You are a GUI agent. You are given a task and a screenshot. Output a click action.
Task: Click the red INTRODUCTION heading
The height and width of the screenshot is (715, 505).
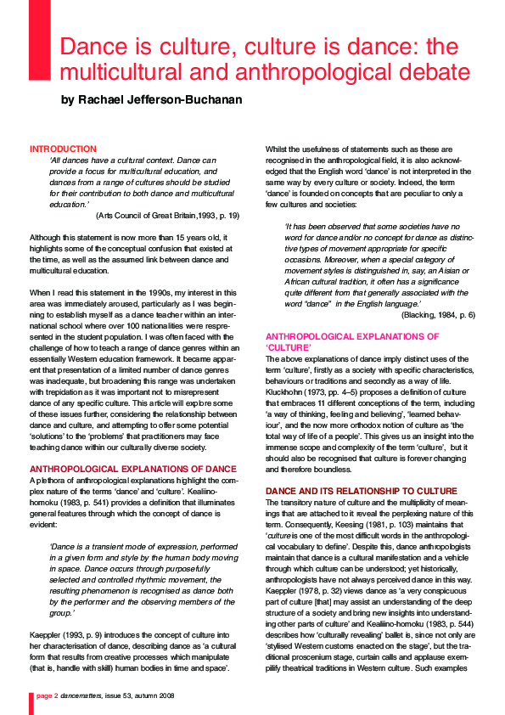tap(63, 149)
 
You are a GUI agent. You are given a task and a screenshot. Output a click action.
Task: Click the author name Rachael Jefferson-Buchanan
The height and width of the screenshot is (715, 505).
tap(151, 100)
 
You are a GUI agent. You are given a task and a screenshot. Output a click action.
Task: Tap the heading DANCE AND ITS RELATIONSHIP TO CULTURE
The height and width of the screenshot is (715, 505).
tap(350, 491)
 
